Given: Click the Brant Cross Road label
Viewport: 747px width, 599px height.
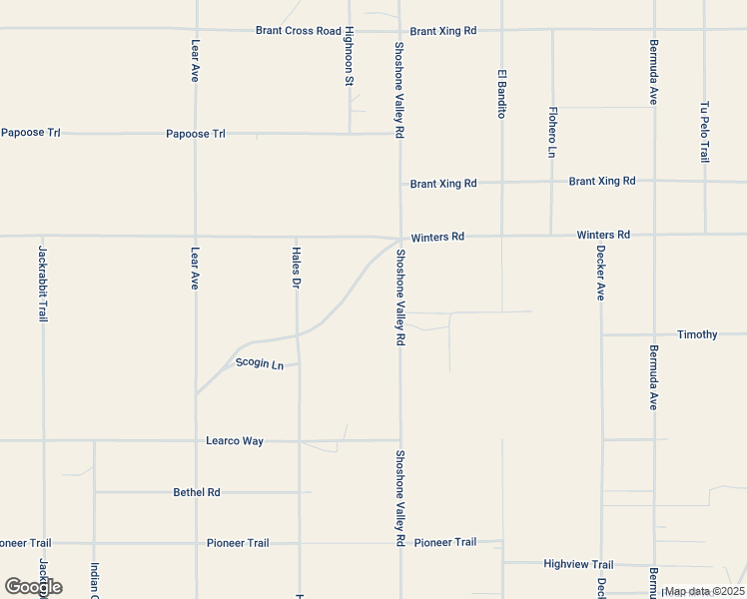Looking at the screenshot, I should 298,31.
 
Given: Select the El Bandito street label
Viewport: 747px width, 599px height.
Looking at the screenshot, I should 502,94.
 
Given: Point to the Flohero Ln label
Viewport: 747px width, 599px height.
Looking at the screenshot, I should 552,132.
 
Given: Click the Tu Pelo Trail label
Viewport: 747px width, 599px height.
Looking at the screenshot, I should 705,132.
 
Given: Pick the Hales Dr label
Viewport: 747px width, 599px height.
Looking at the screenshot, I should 297,269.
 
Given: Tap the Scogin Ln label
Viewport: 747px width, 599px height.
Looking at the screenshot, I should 260,364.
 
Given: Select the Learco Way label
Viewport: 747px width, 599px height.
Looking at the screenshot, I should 235,440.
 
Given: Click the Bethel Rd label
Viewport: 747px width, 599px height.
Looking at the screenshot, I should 196,492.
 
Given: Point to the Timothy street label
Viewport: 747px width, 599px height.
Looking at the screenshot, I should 697,334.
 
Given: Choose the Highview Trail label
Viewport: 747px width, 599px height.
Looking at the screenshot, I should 578,564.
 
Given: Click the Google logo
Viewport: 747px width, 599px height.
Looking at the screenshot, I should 34,587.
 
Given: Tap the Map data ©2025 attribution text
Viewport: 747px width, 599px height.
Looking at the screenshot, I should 704,591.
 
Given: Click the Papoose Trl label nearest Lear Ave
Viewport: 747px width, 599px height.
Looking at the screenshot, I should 196,133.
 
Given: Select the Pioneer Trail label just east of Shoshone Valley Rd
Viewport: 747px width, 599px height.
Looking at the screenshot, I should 445,542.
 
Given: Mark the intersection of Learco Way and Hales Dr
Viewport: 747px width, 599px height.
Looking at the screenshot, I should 299,440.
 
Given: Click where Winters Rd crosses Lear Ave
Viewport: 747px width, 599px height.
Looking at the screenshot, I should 196,237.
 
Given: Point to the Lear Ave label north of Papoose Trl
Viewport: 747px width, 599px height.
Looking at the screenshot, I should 196,61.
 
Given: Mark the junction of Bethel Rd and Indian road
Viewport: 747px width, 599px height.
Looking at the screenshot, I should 94,492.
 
